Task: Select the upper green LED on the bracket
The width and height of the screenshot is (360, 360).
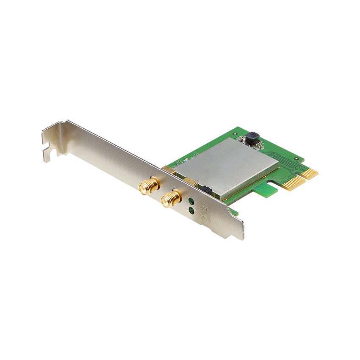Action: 191,202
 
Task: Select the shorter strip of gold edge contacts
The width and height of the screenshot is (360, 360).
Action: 311,173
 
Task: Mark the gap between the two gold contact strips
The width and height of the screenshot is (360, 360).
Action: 306,177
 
